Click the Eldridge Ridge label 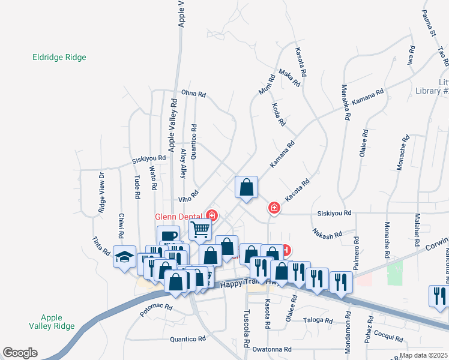click(x=59, y=58)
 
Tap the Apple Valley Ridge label click(x=58, y=322)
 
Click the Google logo click(x=20, y=353)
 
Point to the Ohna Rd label click(x=193, y=94)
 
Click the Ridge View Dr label click(x=101, y=193)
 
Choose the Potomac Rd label click(x=156, y=310)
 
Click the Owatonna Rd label click(x=271, y=349)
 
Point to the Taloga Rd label click(x=318, y=320)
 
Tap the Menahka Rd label click(x=345, y=102)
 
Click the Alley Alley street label click(x=183, y=163)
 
